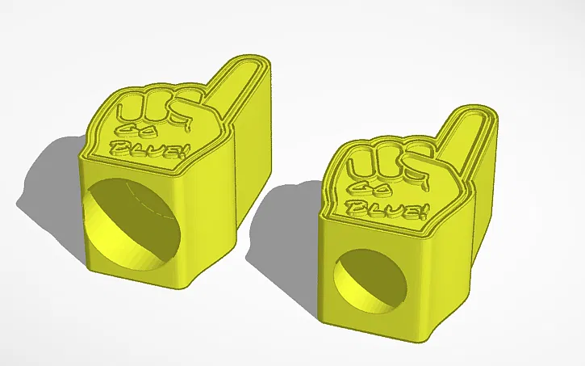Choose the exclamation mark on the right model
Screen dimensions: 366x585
[420, 212]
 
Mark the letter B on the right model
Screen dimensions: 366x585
[355, 204]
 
